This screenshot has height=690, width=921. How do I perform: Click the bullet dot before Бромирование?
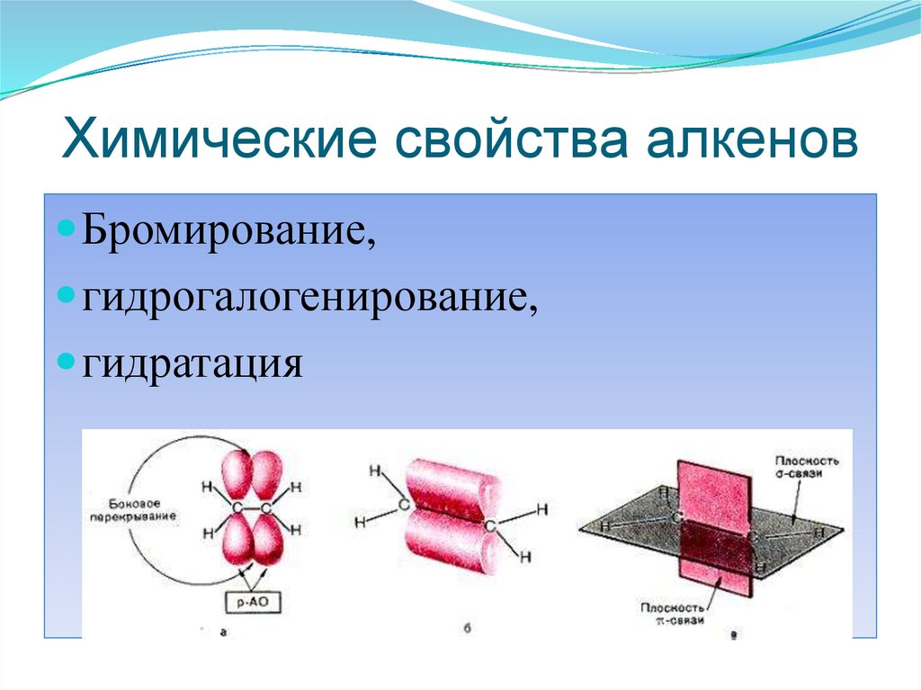pyautogui.click(x=68, y=231)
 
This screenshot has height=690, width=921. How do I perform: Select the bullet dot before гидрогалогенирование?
pyautogui.click(x=68, y=295)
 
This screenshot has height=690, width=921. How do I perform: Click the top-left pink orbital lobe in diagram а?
pyautogui.click(x=237, y=472)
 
